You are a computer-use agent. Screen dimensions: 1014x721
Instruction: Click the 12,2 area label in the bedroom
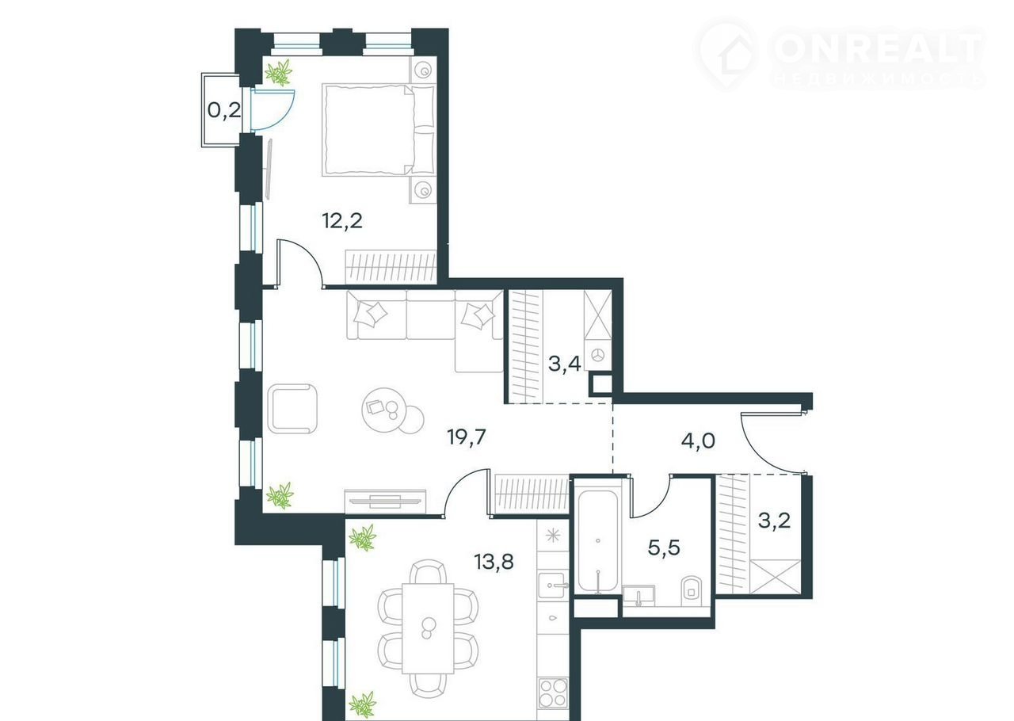pyautogui.click(x=342, y=221)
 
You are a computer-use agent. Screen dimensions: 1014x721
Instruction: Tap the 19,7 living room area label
pyautogui.click(x=467, y=437)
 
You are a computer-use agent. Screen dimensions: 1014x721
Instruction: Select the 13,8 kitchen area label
pyautogui.click(x=494, y=563)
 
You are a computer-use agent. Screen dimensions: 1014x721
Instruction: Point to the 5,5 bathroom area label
pyautogui.click(x=664, y=548)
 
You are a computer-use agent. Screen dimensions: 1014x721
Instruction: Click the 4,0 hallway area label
pyautogui.click(x=698, y=441)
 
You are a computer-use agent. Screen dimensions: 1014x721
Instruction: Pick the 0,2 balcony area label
pyautogui.click(x=223, y=110)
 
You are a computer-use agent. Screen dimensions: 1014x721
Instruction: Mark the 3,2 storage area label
pyautogui.click(x=775, y=521)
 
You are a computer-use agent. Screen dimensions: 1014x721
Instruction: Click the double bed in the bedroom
pyautogui.click(x=378, y=129)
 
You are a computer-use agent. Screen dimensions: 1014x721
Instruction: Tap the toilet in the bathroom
pyautogui.click(x=692, y=592)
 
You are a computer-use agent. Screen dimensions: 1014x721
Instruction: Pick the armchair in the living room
pyautogui.click(x=292, y=409)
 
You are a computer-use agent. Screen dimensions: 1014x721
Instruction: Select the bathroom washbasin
pyautogui.click(x=639, y=596)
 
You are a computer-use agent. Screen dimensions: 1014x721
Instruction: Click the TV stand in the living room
pyautogui.click(x=385, y=502)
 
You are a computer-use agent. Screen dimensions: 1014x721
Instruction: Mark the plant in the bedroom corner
pyautogui.click(x=279, y=73)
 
